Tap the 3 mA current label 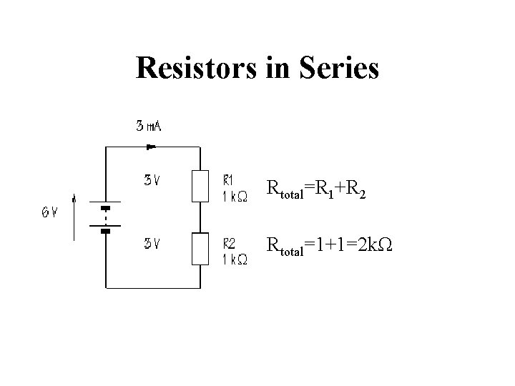(x=149, y=127)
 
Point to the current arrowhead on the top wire (x=151, y=147)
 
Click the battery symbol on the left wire (x=105, y=219)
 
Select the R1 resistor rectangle (x=200, y=185)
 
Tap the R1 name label (x=230, y=179)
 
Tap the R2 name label (x=230, y=243)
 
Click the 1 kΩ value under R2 (x=234, y=261)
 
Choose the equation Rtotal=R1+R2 (x=316, y=189)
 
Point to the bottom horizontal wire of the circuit (x=152, y=288)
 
